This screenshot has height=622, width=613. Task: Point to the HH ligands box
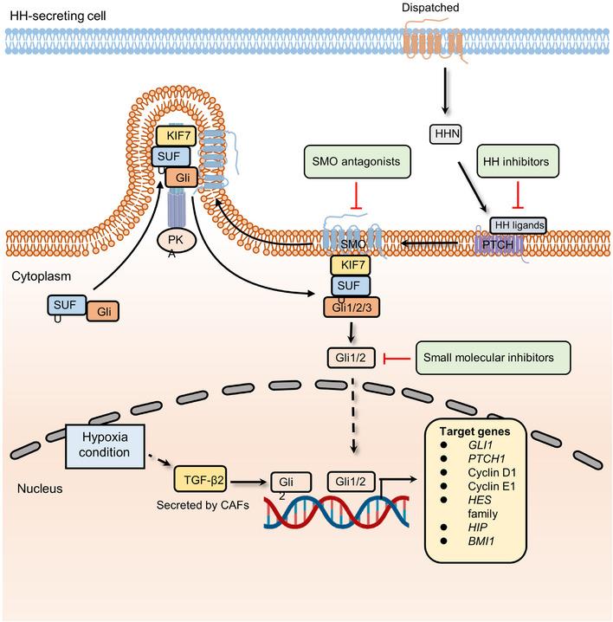(x=519, y=225)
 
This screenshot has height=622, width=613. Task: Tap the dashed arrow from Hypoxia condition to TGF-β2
(x=158, y=466)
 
